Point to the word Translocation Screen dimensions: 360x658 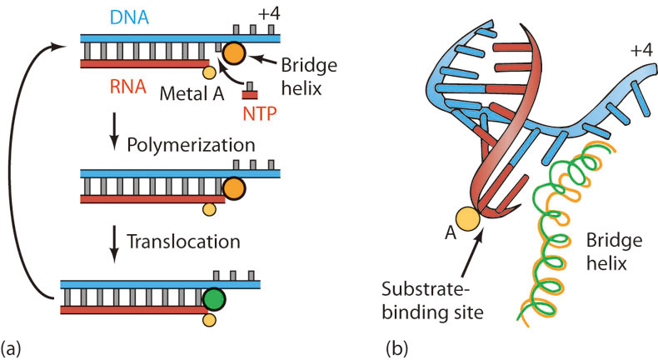(x=185, y=242)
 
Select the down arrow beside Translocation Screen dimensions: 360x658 (x=114, y=241)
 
